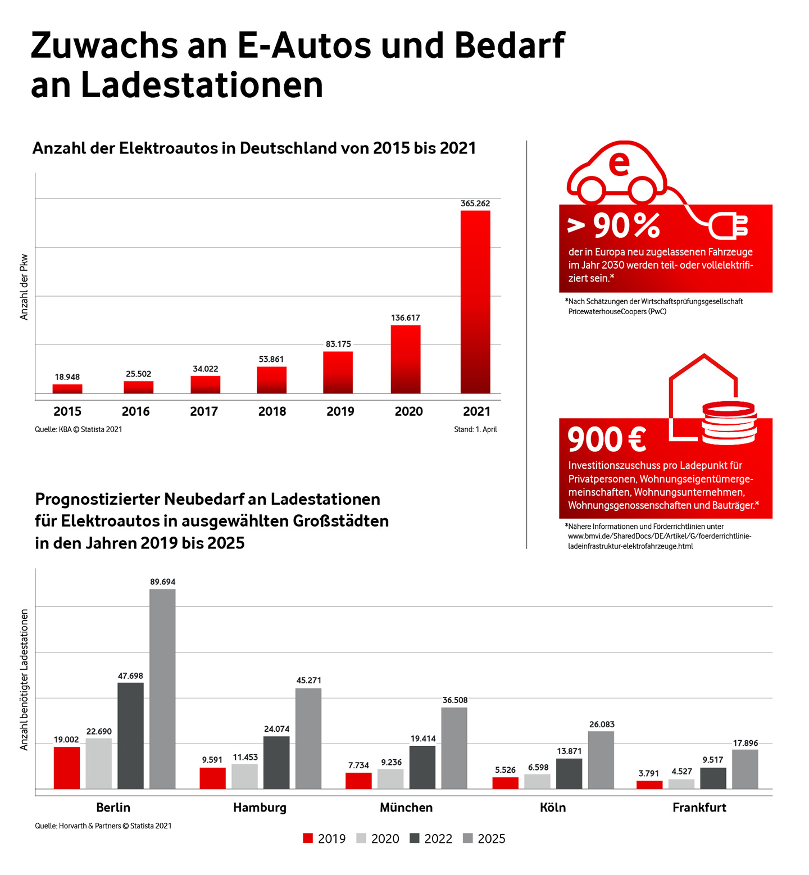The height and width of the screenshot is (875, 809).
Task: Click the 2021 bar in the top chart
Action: [475, 302]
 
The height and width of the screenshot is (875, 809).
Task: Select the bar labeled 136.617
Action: [406, 359]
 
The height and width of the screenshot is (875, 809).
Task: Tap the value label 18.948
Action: [67, 377]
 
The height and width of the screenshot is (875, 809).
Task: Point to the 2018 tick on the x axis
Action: [272, 411]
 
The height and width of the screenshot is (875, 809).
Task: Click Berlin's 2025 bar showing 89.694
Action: [162, 688]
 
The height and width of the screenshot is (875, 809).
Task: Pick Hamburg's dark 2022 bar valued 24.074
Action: [276, 762]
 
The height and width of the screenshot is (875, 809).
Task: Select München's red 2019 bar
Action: [358, 781]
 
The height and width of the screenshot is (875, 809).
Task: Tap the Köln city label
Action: [553, 808]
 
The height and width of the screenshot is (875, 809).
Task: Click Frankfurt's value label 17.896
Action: [746, 743]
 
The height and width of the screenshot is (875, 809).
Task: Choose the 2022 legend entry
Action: [431, 838]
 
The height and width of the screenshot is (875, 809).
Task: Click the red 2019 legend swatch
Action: [308, 838]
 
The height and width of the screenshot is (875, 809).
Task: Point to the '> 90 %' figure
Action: [614, 226]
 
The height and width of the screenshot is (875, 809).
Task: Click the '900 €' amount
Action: [607, 439]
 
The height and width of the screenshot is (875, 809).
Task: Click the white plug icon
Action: [729, 226]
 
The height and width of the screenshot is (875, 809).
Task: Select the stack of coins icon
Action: [729, 422]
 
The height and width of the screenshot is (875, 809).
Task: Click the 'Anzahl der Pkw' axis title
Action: [24, 287]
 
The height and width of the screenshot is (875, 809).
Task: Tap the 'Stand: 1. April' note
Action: [475, 429]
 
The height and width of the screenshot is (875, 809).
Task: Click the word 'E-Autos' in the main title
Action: [304, 45]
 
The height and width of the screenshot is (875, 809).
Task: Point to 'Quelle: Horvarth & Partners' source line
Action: [103, 826]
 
